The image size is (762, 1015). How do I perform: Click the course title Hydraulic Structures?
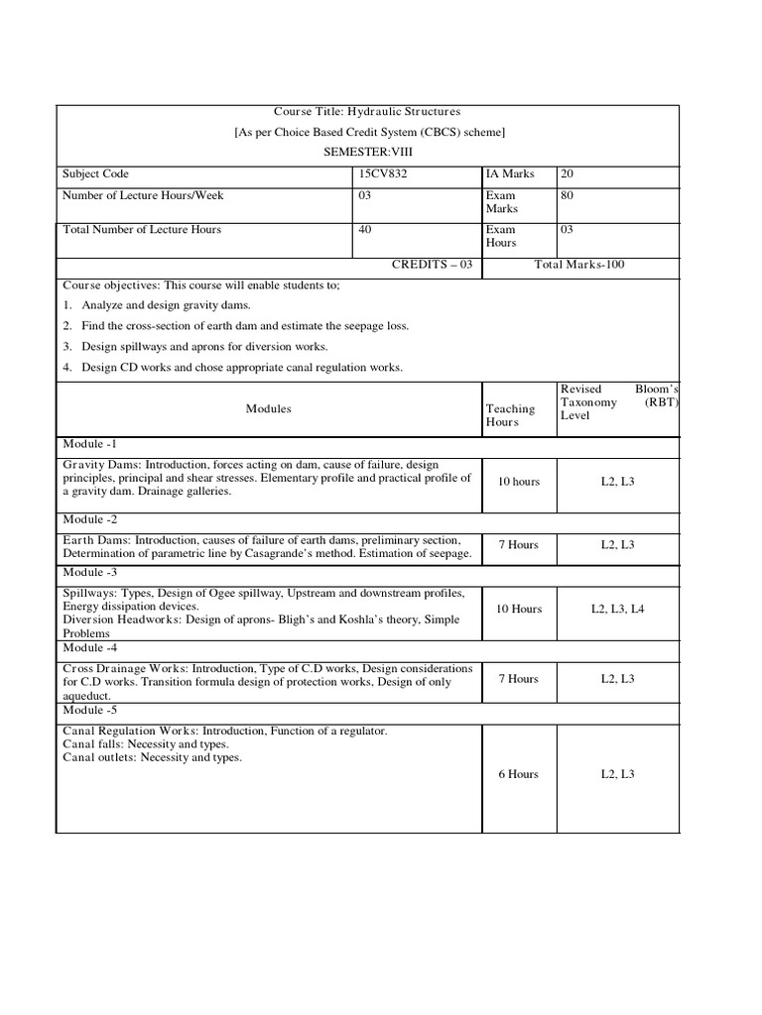coord(367,112)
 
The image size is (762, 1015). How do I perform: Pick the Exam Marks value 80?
coord(568,196)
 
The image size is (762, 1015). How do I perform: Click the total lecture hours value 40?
coord(365,230)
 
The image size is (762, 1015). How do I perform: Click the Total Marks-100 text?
coord(579,265)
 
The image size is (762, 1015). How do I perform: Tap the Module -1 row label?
coord(90,444)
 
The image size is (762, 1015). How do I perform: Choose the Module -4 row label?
coord(90,648)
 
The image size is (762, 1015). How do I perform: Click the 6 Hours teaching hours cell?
coord(519,774)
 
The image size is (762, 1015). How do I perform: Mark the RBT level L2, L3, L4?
coord(617,609)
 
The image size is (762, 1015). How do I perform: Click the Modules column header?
coord(269,409)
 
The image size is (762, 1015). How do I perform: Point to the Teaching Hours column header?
coord(510,415)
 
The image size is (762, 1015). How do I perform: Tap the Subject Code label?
coord(95,174)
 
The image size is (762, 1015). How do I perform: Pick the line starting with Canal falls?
coord(145,744)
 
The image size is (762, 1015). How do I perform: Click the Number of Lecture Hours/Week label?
coord(143,196)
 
